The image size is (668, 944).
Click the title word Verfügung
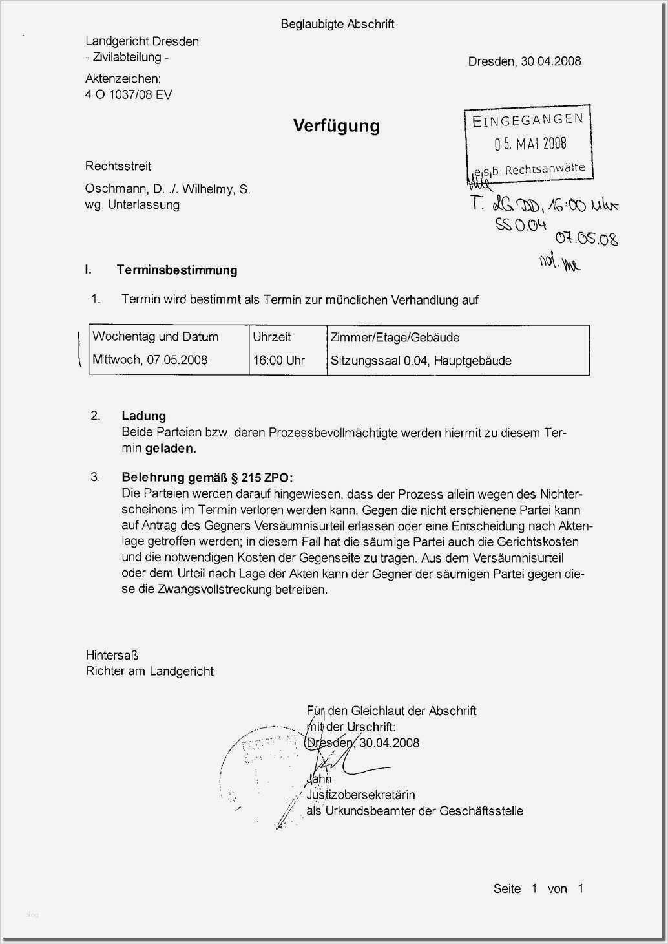coord(336,125)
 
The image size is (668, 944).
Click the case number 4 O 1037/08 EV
coord(129,94)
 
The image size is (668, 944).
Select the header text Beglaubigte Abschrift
coord(337,25)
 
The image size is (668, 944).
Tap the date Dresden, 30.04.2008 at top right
coord(524,61)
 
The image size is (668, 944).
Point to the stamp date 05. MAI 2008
coord(530,144)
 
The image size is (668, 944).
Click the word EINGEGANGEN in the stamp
coord(528,120)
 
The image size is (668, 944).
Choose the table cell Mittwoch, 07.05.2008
coord(150,360)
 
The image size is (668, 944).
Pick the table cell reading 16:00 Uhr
coord(278,360)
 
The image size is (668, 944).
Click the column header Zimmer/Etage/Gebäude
coord(395,337)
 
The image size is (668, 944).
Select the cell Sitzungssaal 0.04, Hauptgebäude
coord(421,361)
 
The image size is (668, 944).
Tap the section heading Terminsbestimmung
coord(176,270)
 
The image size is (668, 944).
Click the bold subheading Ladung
coord(143,416)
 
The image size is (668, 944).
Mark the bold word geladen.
coord(171,448)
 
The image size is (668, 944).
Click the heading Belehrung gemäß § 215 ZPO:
coord(207,478)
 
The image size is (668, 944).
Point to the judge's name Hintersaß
coord(112,655)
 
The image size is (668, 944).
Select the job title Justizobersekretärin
coord(360,795)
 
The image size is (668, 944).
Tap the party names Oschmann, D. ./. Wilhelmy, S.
coord(167,189)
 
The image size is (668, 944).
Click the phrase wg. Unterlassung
coord(132,205)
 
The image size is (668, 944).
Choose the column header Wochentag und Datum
coord(155,336)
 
